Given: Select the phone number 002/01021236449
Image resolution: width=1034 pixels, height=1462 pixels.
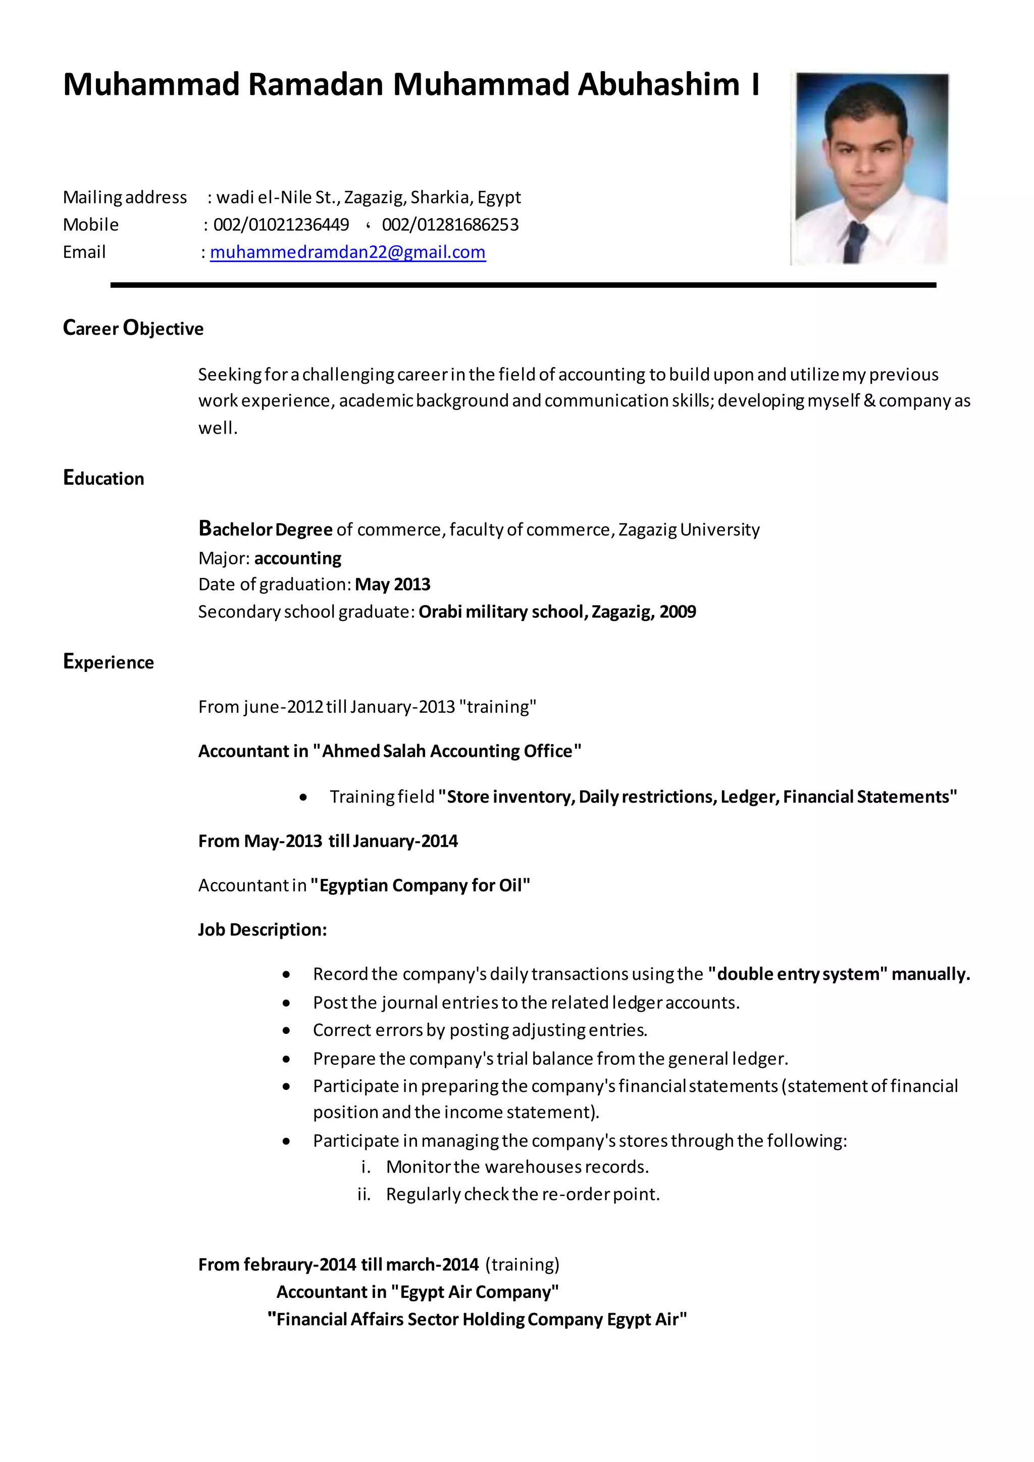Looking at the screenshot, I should (281, 225).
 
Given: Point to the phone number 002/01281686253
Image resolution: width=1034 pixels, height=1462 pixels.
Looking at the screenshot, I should (450, 225).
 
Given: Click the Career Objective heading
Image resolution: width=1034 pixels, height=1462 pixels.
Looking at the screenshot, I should (133, 328).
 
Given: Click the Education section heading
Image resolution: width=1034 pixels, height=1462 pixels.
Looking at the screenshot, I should (104, 478).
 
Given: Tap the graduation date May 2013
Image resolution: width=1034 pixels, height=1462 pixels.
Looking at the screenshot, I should (392, 585).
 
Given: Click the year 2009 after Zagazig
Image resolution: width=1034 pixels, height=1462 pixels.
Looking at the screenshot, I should (678, 612).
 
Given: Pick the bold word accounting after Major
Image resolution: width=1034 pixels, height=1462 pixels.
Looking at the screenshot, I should (297, 558).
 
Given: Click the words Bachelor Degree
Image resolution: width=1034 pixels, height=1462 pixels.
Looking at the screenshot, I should (266, 529).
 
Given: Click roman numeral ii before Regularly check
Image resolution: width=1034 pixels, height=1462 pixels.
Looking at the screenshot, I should (364, 1194).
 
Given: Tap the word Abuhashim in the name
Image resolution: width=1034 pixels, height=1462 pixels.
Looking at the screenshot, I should (658, 85).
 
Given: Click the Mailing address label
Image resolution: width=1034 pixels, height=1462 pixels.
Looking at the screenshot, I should (125, 197).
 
